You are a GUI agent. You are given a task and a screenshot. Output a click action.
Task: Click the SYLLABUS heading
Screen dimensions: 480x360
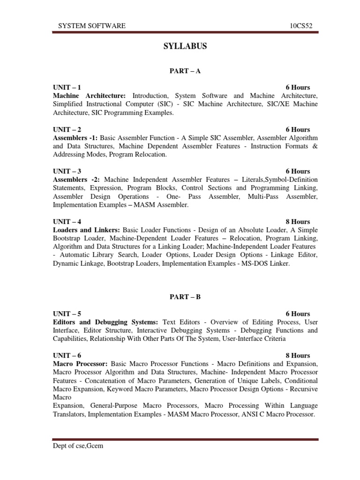click(x=185, y=46)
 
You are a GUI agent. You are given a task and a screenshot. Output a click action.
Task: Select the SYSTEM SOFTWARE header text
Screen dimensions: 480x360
click(x=91, y=26)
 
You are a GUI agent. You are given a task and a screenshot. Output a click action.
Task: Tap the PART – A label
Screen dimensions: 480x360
click(x=185, y=70)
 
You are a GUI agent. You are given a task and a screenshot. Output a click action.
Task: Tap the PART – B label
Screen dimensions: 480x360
click(x=185, y=296)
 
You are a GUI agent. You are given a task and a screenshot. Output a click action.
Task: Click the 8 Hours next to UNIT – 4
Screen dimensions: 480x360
click(x=298, y=222)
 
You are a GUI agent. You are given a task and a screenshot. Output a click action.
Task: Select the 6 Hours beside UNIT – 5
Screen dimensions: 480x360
click(x=298, y=314)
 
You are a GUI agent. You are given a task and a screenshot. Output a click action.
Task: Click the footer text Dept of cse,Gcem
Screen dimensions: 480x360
click(x=77, y=446)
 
